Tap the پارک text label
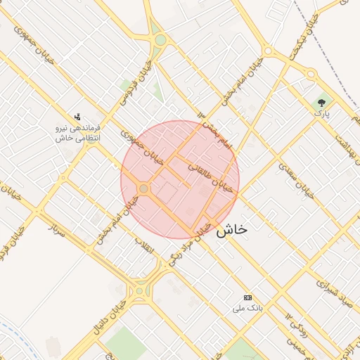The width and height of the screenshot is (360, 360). click(x=321, y=112)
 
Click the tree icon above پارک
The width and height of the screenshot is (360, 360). click(x=322, y=102)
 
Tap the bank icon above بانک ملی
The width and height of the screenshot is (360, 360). click(x=247, y=298)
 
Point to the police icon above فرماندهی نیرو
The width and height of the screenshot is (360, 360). click(x=78, y=117)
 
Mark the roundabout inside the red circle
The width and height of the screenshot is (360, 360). click(x=144, y=188)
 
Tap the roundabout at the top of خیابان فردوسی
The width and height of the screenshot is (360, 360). click(x=160, y=40)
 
